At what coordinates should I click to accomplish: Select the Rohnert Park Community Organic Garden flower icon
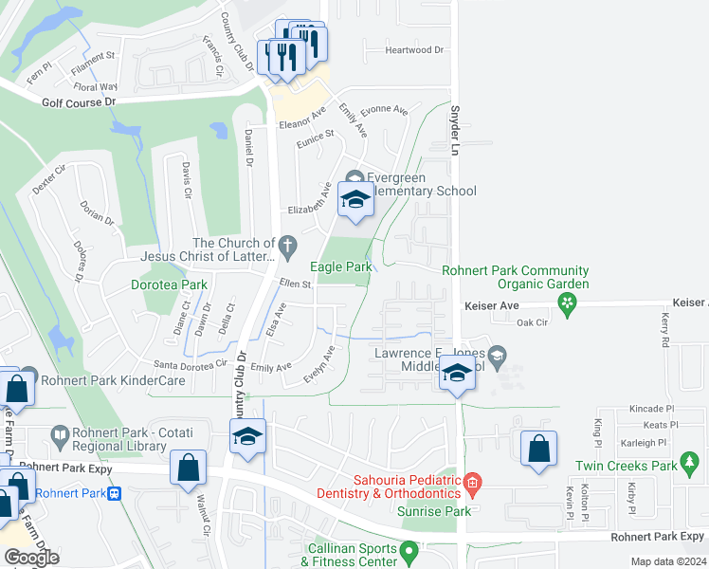(568, 303)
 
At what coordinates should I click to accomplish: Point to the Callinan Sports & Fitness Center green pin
(409, 549)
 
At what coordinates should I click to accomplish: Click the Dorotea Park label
(168, 284)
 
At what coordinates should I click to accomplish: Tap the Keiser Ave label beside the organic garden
(492, 306)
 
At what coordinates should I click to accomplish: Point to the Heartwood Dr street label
(415, 50)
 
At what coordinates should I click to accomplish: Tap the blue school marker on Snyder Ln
(457, 373)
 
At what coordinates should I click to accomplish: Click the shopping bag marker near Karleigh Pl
(538, 448)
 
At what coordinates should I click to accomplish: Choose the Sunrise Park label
(446, 511)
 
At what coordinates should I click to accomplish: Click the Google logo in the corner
(31, 557)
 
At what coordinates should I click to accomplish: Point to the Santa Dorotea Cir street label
(191, 364)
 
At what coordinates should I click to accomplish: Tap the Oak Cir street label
(533, 322)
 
